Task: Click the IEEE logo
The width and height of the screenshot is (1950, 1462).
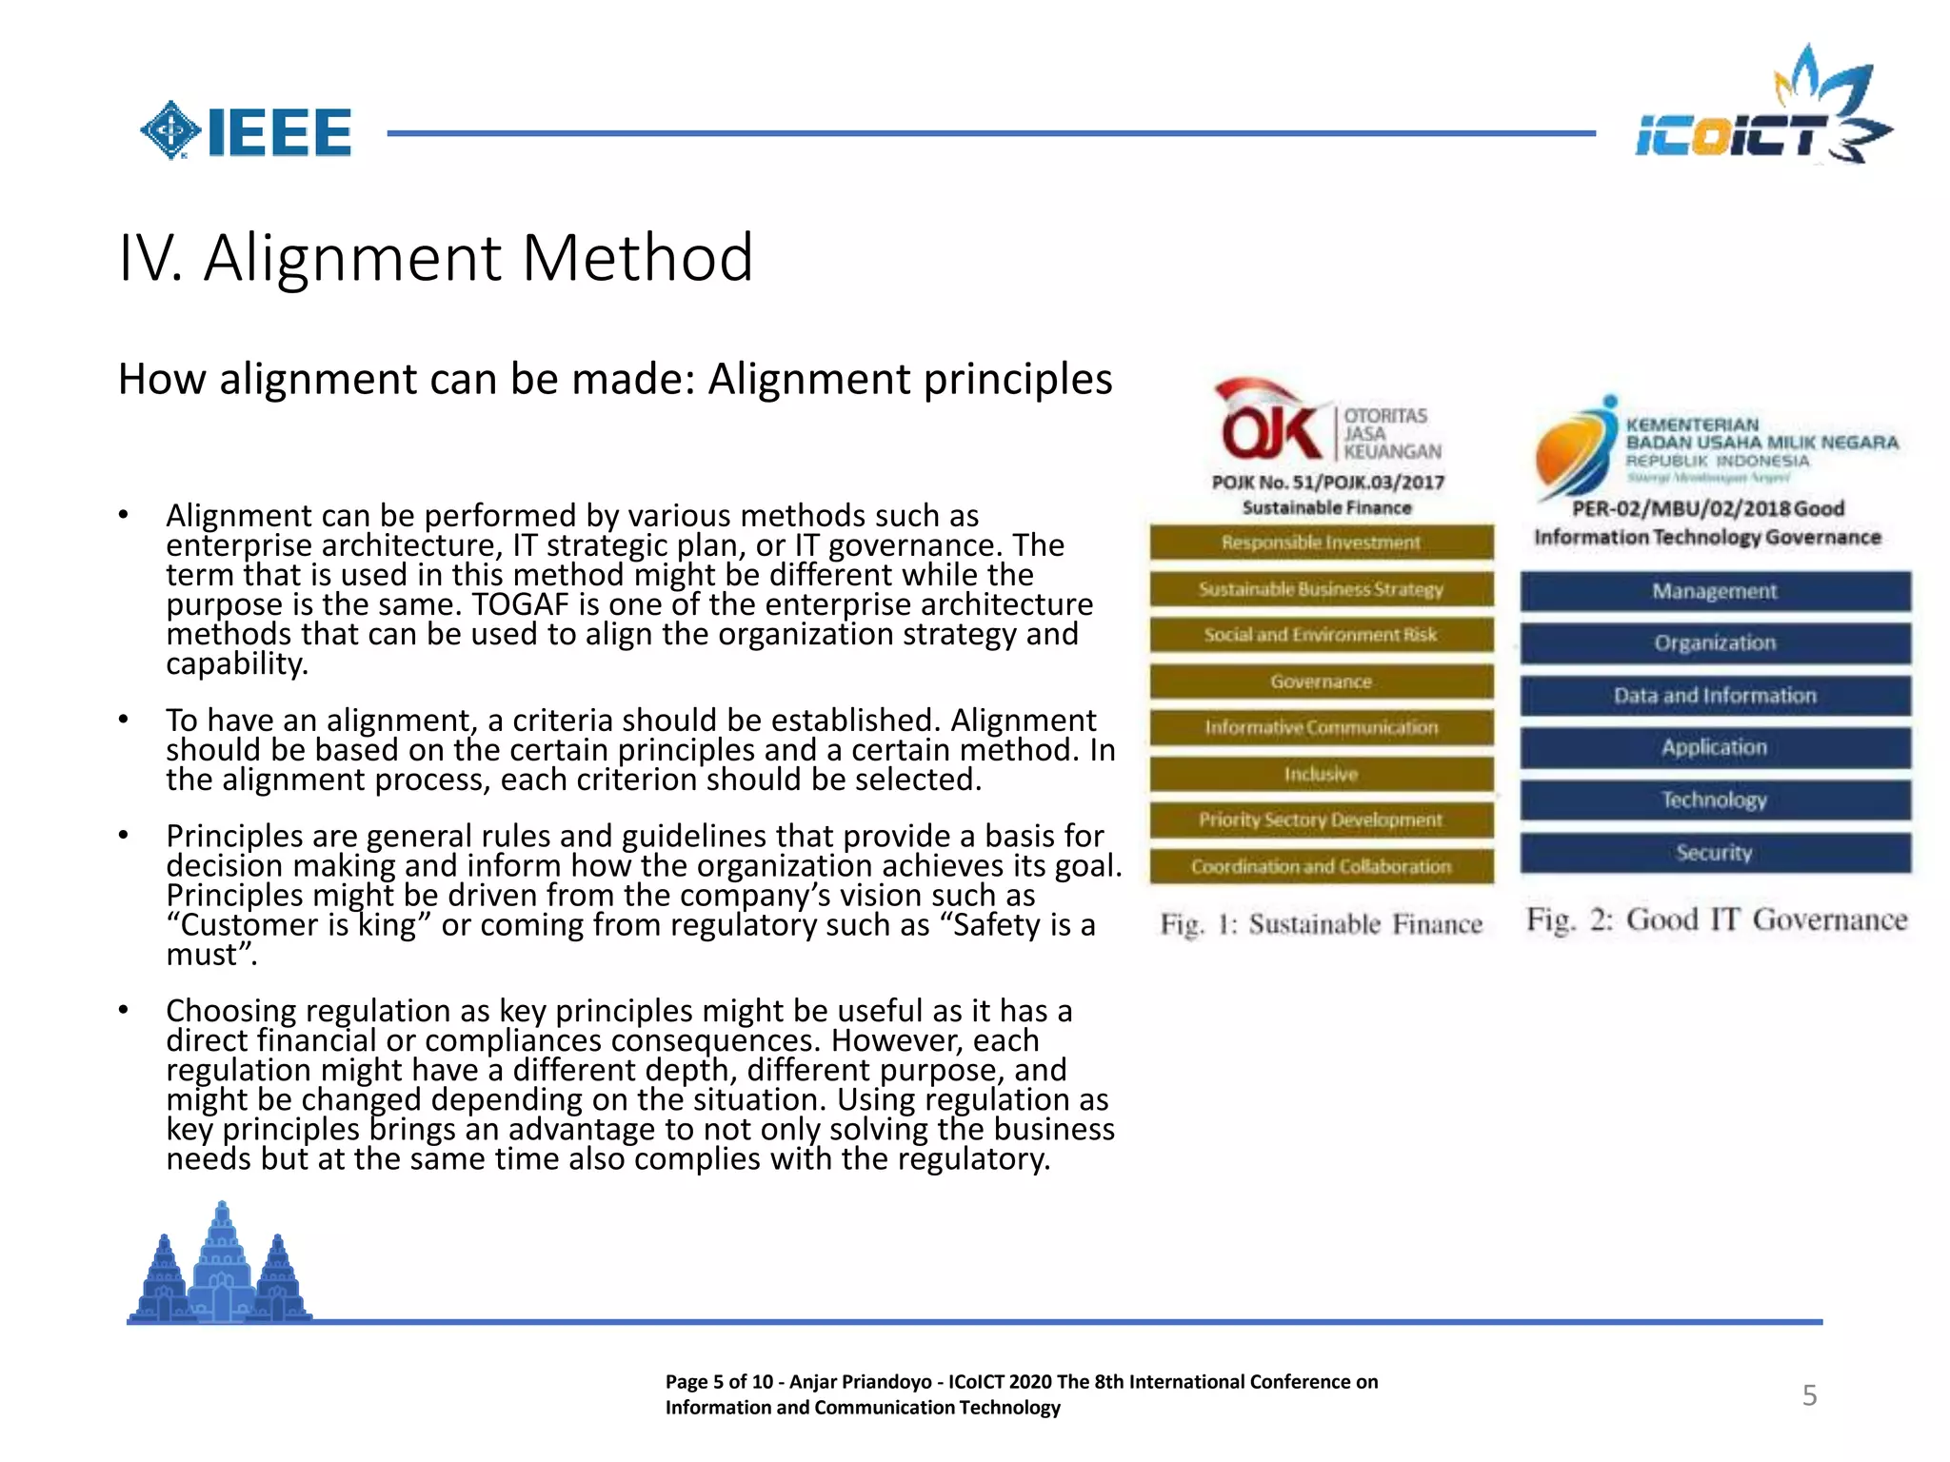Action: (247, 131)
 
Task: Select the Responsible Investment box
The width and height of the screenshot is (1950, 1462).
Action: (1321, 543)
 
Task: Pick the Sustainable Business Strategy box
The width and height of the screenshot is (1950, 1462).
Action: (1321, 589)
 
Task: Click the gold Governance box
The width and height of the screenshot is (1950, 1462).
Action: (1321, 682)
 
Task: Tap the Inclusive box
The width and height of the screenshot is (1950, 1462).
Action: (1321, 774)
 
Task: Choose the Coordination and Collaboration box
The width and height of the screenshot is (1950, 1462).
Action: (1321, 866)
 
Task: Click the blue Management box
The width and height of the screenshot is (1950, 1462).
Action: (1714, 591)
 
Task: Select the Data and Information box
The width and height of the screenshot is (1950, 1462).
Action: (1714, 696)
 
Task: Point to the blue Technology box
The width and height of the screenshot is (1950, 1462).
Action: (1714, 800)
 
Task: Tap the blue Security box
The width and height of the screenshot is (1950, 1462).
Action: (1714, 852)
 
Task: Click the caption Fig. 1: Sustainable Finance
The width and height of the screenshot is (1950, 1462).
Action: (1321, 924)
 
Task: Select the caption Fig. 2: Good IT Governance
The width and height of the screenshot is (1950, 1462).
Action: (1717, 919)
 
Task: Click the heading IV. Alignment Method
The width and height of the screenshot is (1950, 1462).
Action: (436, 258)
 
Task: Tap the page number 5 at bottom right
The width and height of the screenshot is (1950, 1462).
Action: (1809, 1395)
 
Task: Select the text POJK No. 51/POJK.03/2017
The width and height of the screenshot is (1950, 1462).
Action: (1327, 483)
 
